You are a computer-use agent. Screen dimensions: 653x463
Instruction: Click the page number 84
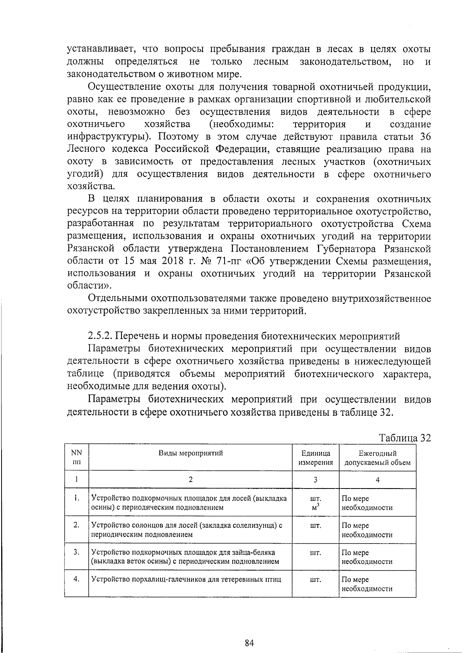coord(249,643)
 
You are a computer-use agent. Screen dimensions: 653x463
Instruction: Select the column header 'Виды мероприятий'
coord(191,453)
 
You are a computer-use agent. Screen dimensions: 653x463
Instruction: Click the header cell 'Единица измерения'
coord(316,458)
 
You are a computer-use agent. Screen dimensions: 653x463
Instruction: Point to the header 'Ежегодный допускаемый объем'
coord(377,458)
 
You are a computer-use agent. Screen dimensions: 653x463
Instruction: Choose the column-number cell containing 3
coord(316,480)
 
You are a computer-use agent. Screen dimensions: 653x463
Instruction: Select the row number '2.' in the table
coord(77,525)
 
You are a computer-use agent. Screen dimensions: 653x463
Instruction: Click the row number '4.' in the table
coord(77,579)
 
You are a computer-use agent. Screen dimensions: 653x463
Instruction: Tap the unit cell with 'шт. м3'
coord(316,502)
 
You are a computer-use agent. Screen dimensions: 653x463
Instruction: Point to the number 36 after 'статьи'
coord(424,137)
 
